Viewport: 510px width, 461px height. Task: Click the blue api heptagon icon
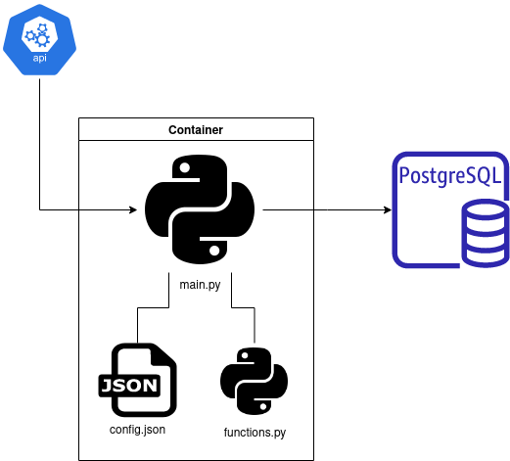[x=39, y=39]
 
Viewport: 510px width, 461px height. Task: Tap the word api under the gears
[x=39, y=58]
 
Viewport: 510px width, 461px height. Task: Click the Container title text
[x=196, y=129]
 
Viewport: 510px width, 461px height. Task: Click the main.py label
[x=199, y=282]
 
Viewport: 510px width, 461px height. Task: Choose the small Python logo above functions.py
[x=254, y=381]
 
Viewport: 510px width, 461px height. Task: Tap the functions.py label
[x=255, y=432]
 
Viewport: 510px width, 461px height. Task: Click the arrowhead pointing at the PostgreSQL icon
[x=386, y=209]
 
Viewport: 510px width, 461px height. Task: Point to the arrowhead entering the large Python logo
[x=131, y=209]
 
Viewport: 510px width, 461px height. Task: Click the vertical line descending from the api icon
[x=39, y=147]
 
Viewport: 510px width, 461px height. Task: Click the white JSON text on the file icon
[x=129, y=384]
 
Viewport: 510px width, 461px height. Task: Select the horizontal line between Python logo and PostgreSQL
[x=323, y=209]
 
